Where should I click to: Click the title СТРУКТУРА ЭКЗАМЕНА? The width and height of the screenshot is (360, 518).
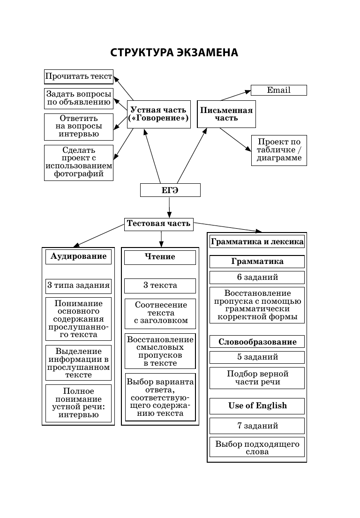(174, 53)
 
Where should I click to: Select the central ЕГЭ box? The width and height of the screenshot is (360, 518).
(170, 190)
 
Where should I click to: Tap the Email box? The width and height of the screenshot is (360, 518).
(278, 90)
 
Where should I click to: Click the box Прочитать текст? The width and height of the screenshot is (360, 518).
(79, 76)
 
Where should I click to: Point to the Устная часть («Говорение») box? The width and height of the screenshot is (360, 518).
(159, 114)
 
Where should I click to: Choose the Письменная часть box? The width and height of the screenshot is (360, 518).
(226, 114)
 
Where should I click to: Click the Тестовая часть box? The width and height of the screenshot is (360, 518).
(159, 224)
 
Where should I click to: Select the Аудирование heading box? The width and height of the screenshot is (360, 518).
(78, 256)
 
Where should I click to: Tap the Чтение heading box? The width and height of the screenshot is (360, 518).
(160, 257)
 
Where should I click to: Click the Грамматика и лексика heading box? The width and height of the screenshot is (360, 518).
(257, 242)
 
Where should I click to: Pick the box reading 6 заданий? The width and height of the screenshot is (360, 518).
(257, 277)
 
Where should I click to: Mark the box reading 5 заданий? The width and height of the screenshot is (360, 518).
(257, 357)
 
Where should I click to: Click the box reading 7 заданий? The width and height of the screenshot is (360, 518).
(257, 426)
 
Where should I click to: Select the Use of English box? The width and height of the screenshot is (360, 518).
(257, 405)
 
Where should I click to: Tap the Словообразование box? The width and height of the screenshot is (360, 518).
(257, 341)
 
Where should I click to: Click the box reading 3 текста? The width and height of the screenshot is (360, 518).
(160, 285)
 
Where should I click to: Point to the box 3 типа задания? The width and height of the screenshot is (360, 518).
(78, 285)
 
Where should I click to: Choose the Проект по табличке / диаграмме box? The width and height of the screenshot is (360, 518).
(279, 150)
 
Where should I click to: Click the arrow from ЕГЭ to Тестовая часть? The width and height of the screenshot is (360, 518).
(169, 207)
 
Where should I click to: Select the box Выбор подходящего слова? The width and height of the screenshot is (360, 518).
(257, 448)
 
